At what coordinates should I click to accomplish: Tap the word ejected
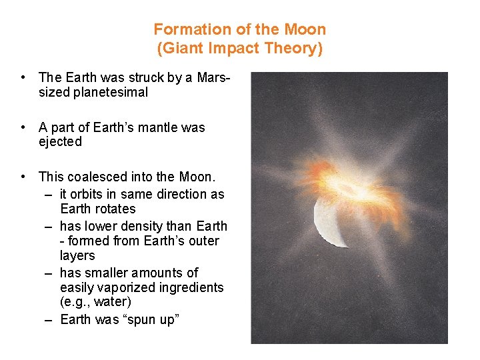pos(60,142)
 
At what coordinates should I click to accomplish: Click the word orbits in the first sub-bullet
pos(89,194)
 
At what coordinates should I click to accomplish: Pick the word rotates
pos(114,209)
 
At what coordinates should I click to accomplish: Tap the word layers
pos(77,255)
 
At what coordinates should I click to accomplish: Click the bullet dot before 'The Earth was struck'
pos(23,78)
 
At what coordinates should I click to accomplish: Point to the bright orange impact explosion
pos(353,180)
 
